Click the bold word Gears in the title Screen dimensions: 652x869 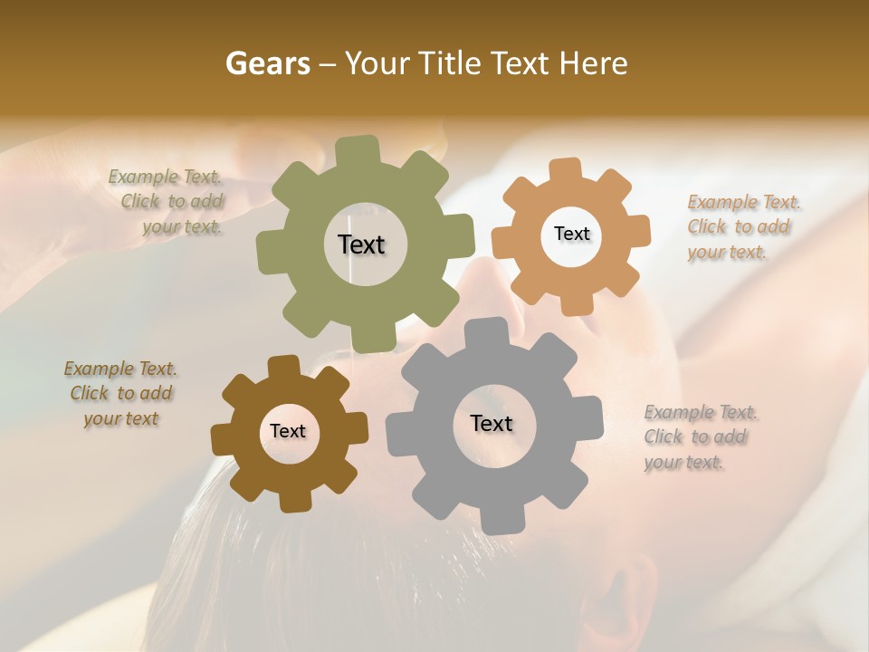(x=267, y=63)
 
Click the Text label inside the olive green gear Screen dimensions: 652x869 (x=361, y=244)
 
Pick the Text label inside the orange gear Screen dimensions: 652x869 (x=571, y=234)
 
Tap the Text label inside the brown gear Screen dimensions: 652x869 (x=288, y=431)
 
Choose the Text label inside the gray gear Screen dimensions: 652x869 (x=492, y=423)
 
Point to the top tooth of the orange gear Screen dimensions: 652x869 (x=566, y=169)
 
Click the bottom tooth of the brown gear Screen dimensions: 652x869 (x=293, y=501)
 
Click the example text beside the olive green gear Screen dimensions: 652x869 (x=168, y=202)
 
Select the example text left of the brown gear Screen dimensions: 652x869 (x=120, y=393)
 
